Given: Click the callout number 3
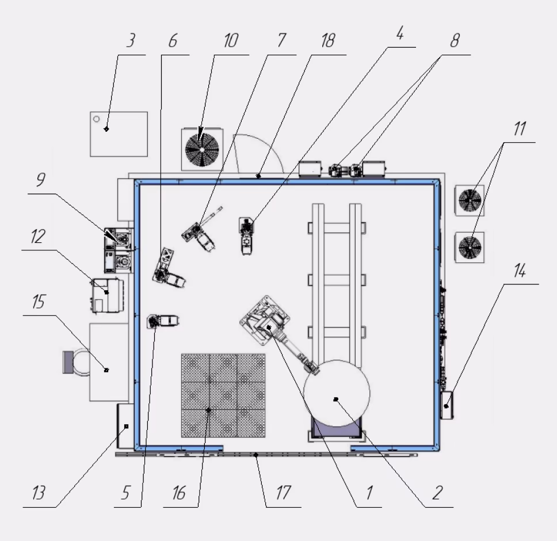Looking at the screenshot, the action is coord(131,40).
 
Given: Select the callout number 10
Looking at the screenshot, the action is coord(231,40).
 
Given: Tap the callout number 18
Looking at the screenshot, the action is coord(328,40).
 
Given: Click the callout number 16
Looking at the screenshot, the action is coord(180,493).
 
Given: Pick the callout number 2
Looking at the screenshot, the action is coord(437,493).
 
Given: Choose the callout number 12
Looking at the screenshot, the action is coord(38,236).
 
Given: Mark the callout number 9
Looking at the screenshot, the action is coord(41,180).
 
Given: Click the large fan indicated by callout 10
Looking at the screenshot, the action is coord(202,150).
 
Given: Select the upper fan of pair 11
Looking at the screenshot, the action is coord(470,200).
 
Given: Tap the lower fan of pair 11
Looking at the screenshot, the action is coord(470,247).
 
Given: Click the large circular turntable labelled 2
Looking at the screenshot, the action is coord(337,393).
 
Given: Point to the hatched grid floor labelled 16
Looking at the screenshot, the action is coord(223,395).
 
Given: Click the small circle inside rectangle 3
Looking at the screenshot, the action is coord(96,119).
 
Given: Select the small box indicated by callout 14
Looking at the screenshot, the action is coord(447,405).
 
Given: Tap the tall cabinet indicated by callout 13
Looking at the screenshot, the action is coord(125,426).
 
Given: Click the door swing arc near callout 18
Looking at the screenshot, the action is coord(269,144).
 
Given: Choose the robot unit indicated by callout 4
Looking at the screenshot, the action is coord(246,236).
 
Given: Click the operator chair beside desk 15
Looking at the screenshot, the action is coord(76,362).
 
